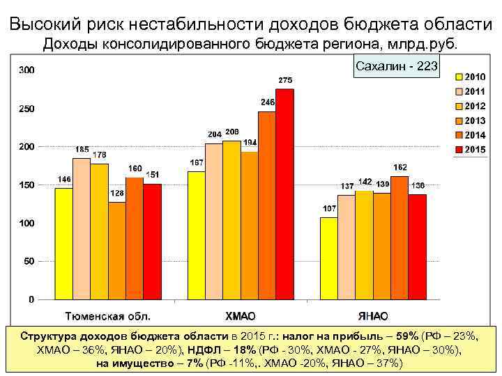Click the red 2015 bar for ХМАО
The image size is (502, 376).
[x=285, y=195]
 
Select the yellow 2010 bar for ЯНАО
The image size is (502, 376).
[x=328, y=258]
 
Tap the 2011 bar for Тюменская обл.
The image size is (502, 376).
[x=82, y=229]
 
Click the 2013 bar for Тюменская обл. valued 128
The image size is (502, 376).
[x=117, y=251]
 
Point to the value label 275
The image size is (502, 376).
[x=285, y=81]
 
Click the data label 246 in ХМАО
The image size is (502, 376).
[x=268, y=102]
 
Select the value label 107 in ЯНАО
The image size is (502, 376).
[x=328, y=209]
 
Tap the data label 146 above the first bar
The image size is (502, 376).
[x=64, y=180]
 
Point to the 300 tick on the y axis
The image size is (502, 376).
[x=27, y=70]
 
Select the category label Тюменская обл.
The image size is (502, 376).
[x=108, y=315]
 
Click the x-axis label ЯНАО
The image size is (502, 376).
[x=374, y=315]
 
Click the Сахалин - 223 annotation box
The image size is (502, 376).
[x=396, y=67]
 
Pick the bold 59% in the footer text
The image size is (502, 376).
[x=406, y=336]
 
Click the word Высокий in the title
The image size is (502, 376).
[x=44, y=24]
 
